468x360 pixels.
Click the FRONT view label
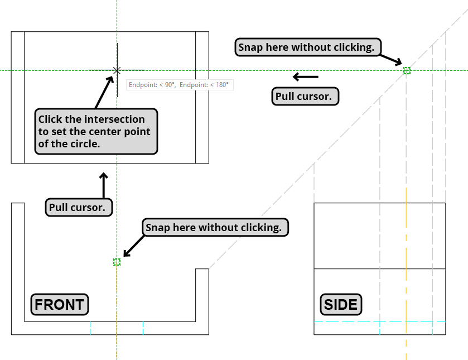pos(59,305)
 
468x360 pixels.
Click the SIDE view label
pos(341,305)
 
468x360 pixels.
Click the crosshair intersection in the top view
pos(117,70)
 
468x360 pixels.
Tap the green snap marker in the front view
pos(117,262)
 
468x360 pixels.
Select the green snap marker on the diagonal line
pos(407,70)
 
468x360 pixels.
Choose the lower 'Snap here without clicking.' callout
pos(216,227)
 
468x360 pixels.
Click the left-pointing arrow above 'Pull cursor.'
pos(306,76)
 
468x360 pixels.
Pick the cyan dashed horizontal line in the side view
pos(379,322)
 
